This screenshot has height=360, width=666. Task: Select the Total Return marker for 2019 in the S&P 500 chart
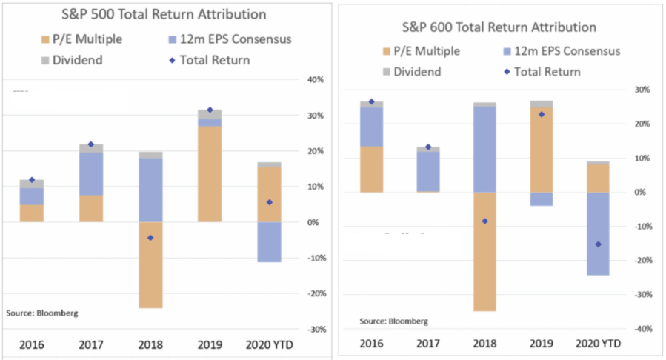(210, 110)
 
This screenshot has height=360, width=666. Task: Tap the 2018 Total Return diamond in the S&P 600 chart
(484, 221)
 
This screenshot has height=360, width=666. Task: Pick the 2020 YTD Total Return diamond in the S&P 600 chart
(598, 244)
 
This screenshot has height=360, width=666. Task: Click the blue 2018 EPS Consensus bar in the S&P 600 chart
(484, 149)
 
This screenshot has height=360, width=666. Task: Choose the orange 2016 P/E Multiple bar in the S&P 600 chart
(371, 169)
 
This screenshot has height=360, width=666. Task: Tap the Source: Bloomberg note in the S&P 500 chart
(42, 313)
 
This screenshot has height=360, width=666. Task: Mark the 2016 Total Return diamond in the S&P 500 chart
(32, 180)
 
